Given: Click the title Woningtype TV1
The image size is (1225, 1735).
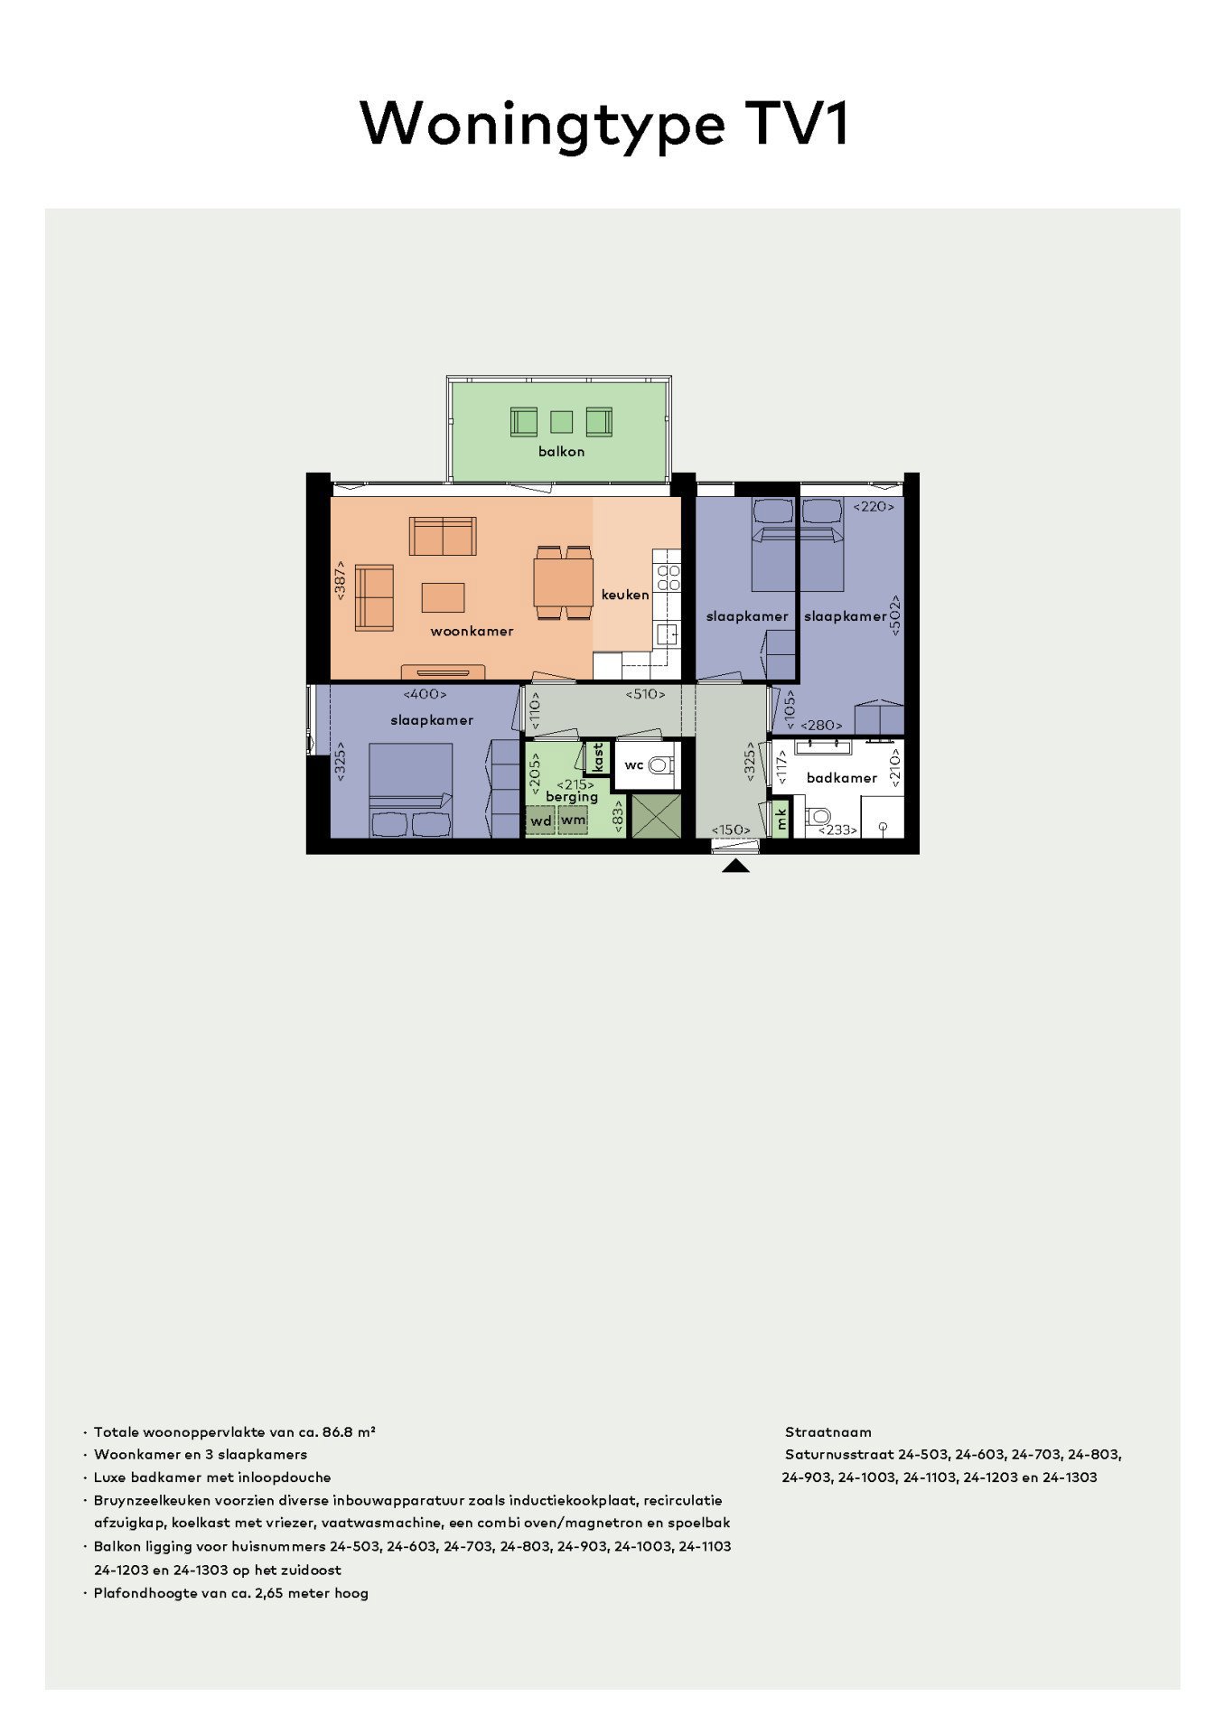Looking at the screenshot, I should [x=604, y=123].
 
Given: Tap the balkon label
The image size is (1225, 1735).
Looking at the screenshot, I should [x=561, y=451].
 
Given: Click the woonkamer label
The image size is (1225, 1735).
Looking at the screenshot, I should [x=472, y=631].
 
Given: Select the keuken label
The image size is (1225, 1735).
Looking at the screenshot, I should [x=625, y=595].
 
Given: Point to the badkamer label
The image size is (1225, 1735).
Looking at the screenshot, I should [x=841, y=777].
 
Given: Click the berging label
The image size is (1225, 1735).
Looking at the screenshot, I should [x=572, y=797].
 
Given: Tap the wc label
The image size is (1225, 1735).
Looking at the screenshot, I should [x=634, y=764].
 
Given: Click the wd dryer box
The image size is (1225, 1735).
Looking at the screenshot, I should [x=540, y=821].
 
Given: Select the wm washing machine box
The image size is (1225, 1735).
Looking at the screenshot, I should [x=574, y=820].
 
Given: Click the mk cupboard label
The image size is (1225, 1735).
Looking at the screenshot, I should [x=781, y=819].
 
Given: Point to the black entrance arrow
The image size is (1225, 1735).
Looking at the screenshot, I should [x=736, y=867].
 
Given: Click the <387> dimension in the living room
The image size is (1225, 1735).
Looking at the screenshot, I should [x=341, y=579].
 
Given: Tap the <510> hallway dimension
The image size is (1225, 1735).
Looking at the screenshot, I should [x=645, y=694].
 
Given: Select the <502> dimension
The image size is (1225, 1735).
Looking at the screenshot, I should [x=895, y=615].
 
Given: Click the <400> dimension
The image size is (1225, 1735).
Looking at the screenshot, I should [x=425, y=694].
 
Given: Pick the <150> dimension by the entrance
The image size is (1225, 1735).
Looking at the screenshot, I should [x=731, y=830].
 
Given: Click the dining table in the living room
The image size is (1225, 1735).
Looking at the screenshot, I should [x=563, y=583].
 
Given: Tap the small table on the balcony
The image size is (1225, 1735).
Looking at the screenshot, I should [x=562, y=421].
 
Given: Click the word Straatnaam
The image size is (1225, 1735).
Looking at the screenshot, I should [x=828, y=1431].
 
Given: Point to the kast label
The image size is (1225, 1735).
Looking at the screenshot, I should [x=597, y=757].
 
